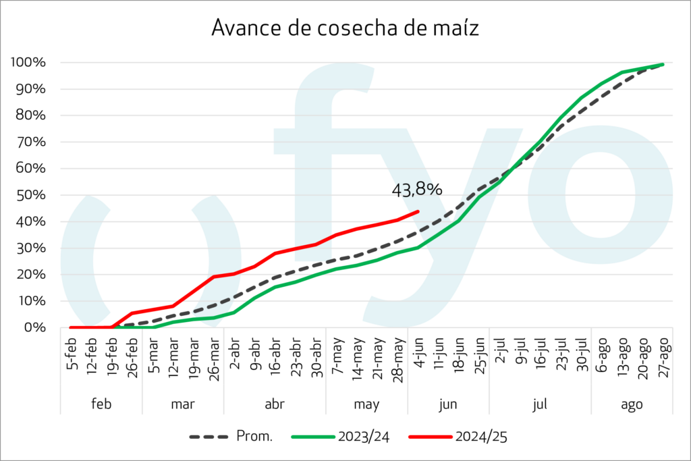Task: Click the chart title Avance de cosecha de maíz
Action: [x=345, y=28]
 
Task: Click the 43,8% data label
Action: [x=417, y=190]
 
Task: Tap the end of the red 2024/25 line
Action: [x=418, y=211]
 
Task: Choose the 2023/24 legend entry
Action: [x=337, y=437]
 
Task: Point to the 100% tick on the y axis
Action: [x=28, y=63]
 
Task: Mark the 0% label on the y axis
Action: [x=34, y=327]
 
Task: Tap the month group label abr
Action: [x=275, y=404]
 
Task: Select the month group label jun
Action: [x=448, y=404]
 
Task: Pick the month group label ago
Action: [x=632, y=404]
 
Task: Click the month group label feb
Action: [x=101, y=404]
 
